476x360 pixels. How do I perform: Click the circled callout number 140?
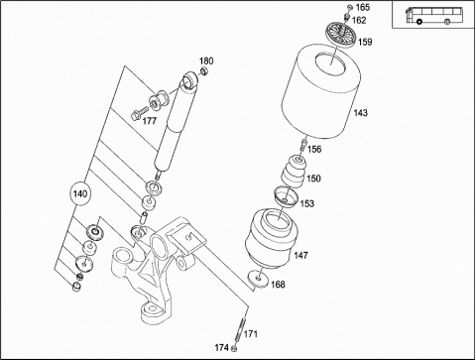coord(79,193)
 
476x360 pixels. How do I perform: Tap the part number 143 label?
coord(360,113)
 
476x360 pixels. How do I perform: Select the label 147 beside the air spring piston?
coord(300,255)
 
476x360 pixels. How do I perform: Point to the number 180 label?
coord(206,60)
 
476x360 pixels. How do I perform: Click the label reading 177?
coord(149,121)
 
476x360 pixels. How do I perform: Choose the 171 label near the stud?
coord(250,334)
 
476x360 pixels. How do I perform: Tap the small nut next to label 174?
coord(234,348)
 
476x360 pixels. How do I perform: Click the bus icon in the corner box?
coord(433,15)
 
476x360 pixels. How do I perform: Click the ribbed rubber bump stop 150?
coord(294,172)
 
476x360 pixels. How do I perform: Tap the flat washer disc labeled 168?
coord(258,279)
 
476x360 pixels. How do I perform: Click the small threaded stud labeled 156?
coord(302,146)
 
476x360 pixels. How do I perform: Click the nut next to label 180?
coord(204,71)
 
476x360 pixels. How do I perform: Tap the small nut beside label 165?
coord(350,7)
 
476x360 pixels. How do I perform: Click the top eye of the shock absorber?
coord(190,80)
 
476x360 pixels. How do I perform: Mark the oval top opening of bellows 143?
coord(330,62)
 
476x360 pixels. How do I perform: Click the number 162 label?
coord(359,21)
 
